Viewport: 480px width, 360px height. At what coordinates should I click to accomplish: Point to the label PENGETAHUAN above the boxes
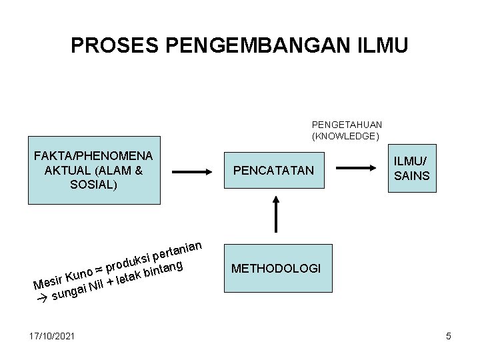click(347, 124)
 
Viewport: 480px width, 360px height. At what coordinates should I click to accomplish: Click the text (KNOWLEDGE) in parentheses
click(345, 136)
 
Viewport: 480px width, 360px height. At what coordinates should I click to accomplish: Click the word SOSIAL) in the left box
click(94, 184)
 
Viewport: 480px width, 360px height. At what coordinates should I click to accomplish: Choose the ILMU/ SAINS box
click(412, 169)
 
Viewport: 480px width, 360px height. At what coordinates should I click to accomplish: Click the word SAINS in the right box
click(412, 176)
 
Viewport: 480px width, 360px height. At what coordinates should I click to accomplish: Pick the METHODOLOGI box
click(276, 269)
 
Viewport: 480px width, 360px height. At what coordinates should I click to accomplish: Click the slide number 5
click(449, 336)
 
